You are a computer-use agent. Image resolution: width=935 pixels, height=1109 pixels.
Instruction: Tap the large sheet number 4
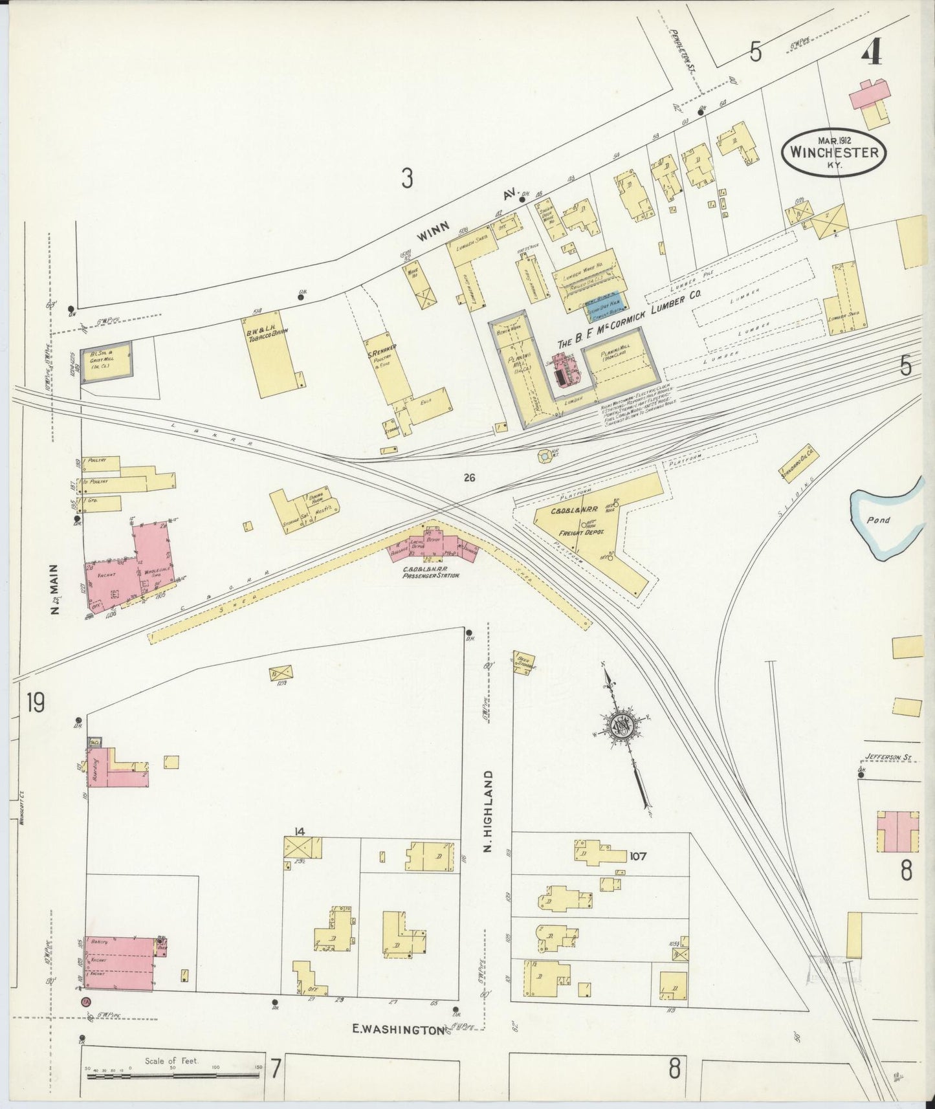coord(871,50)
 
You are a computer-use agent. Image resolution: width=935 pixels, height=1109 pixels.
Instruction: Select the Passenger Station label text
coord(431,573)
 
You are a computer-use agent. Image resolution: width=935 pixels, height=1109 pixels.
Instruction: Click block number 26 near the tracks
coord(469,478)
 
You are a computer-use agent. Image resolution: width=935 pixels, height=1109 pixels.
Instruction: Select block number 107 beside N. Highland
coord(637,856)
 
